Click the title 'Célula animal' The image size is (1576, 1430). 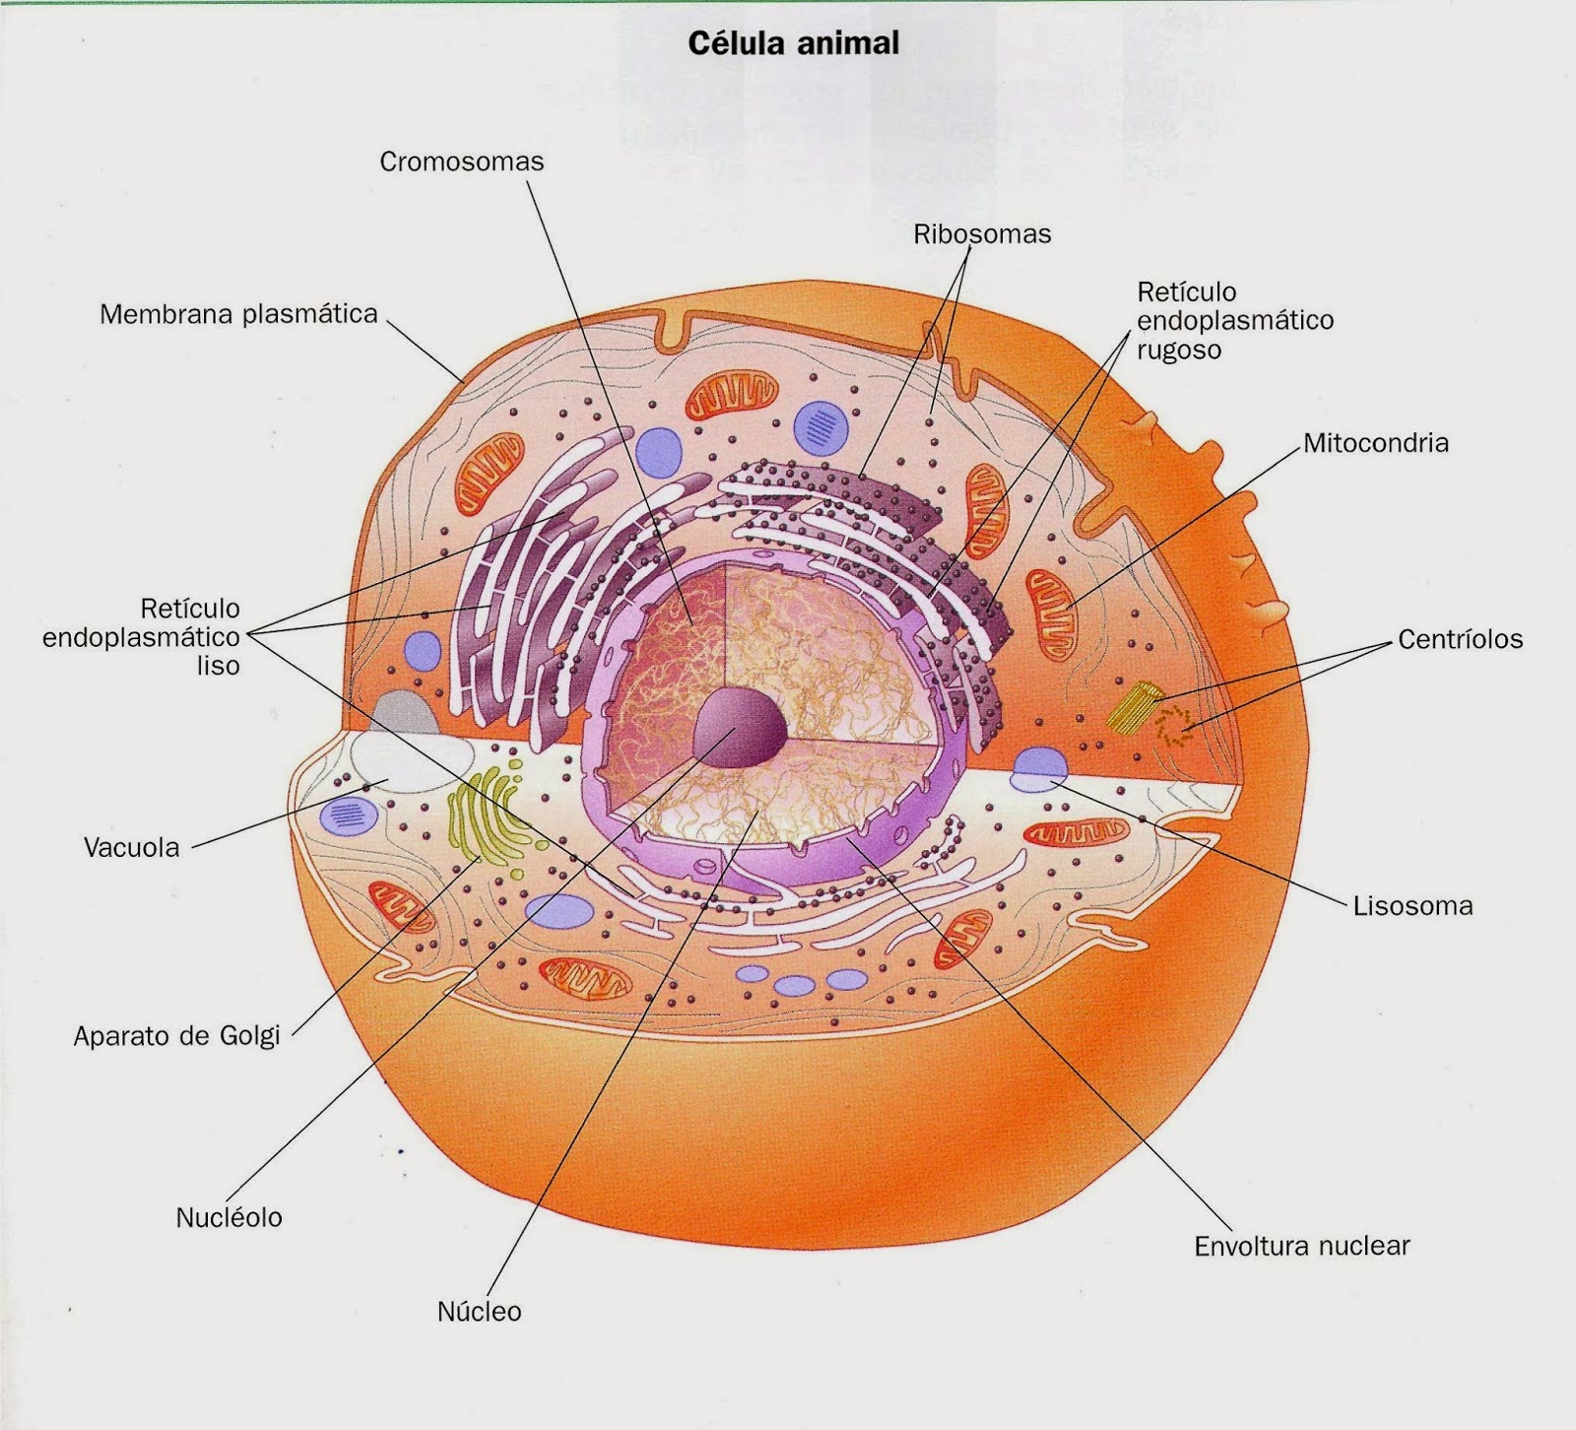click(793, 44)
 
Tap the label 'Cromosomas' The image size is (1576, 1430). click(461, 162)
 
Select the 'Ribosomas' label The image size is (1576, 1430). click(982, 234)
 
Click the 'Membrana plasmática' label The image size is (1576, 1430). click(238, 315)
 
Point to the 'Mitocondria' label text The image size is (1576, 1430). click(1375, 443)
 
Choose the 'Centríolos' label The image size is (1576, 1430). click(1460, 639)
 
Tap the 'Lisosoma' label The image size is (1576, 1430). click(1412, 906)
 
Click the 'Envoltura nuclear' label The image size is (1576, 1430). click(1301, 1247)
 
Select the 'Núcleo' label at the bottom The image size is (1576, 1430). click(479, 1312)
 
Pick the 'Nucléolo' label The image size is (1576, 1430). click(229, 1218)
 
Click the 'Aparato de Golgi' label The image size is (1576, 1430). click(176, 1036)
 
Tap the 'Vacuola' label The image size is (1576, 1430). click(131, 848)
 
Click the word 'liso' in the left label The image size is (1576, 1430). click(218, 667)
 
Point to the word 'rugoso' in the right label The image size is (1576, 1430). click(1178, 351)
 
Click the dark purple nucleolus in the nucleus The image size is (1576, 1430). click(740, 729)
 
